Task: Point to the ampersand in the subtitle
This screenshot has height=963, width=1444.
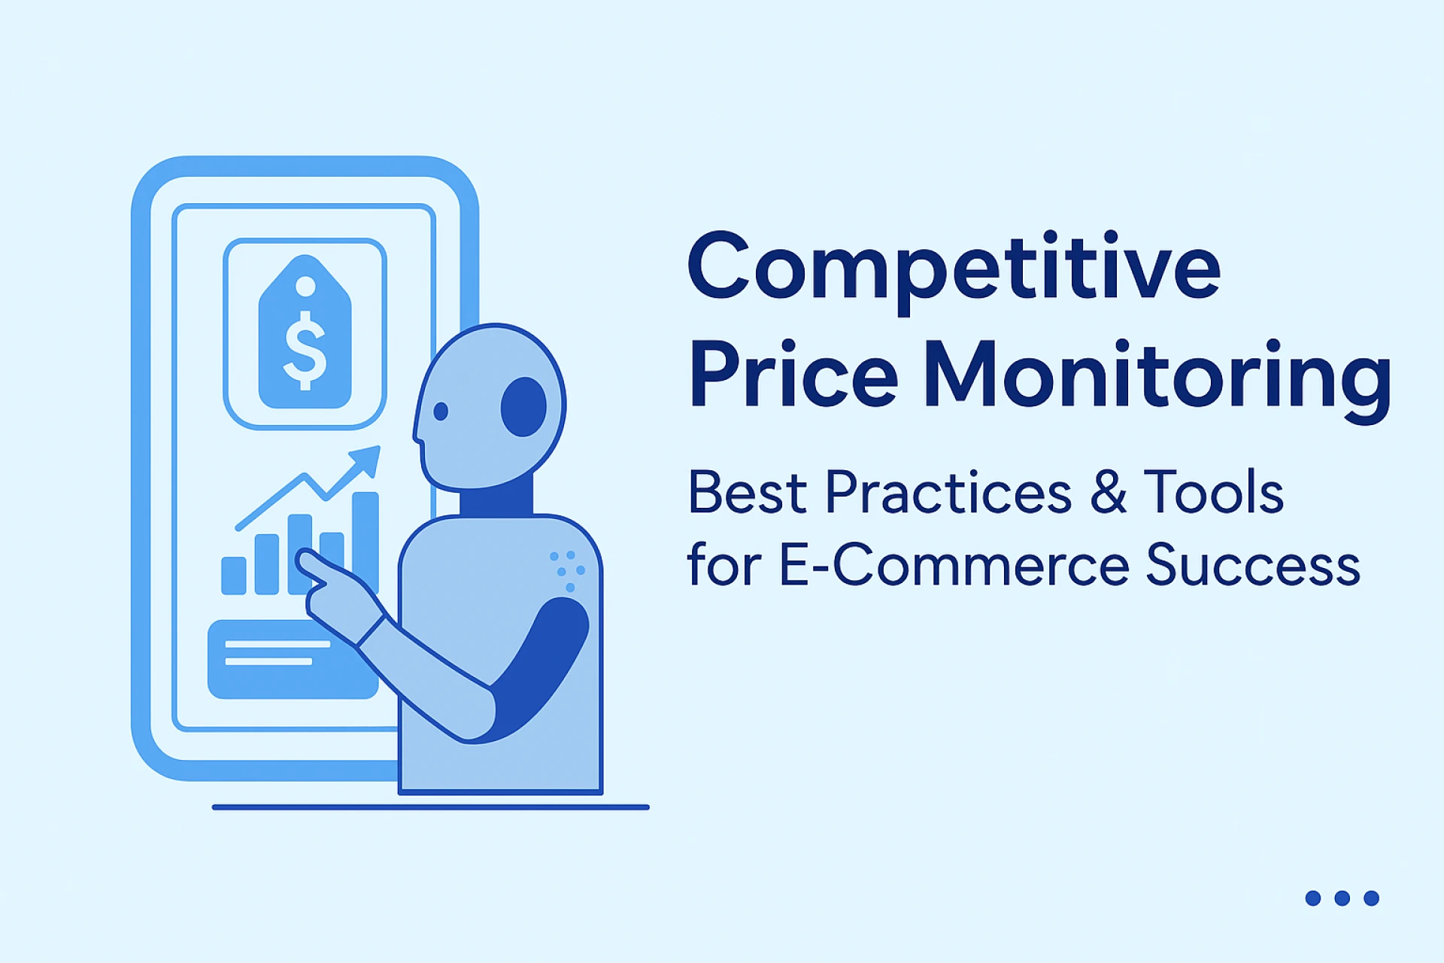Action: (1108, 492)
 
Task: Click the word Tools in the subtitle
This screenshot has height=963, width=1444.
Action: (1213, 492)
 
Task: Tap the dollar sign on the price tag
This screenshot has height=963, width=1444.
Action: (305, 351)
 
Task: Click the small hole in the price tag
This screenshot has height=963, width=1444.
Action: (305, 286)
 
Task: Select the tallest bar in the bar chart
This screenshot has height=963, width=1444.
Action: (366, 538)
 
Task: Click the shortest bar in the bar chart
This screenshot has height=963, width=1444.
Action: (234, 576)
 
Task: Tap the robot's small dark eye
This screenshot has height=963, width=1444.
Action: (441, 411)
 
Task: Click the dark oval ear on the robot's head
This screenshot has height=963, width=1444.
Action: (523, 406)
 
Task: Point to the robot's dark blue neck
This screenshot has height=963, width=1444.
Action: (496, 500)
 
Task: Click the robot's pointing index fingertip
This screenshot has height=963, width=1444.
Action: (303, 557)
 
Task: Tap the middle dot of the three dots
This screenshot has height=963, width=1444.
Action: (1342, 898)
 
